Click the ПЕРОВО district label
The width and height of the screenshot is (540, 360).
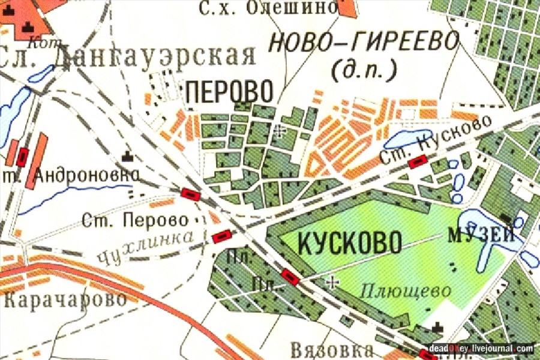pos(229,92)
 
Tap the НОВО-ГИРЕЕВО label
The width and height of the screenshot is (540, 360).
pos(364,43)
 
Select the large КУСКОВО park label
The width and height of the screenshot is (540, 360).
pos(341,244)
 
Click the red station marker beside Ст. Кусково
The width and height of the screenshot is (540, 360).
pos(417,160)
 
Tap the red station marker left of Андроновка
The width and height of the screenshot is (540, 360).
pos(23,157)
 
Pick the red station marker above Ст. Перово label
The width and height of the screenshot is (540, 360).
pos(191,193)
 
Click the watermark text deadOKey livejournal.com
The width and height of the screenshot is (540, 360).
pos(481,349)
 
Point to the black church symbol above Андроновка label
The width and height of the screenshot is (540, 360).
pos(127,156)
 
